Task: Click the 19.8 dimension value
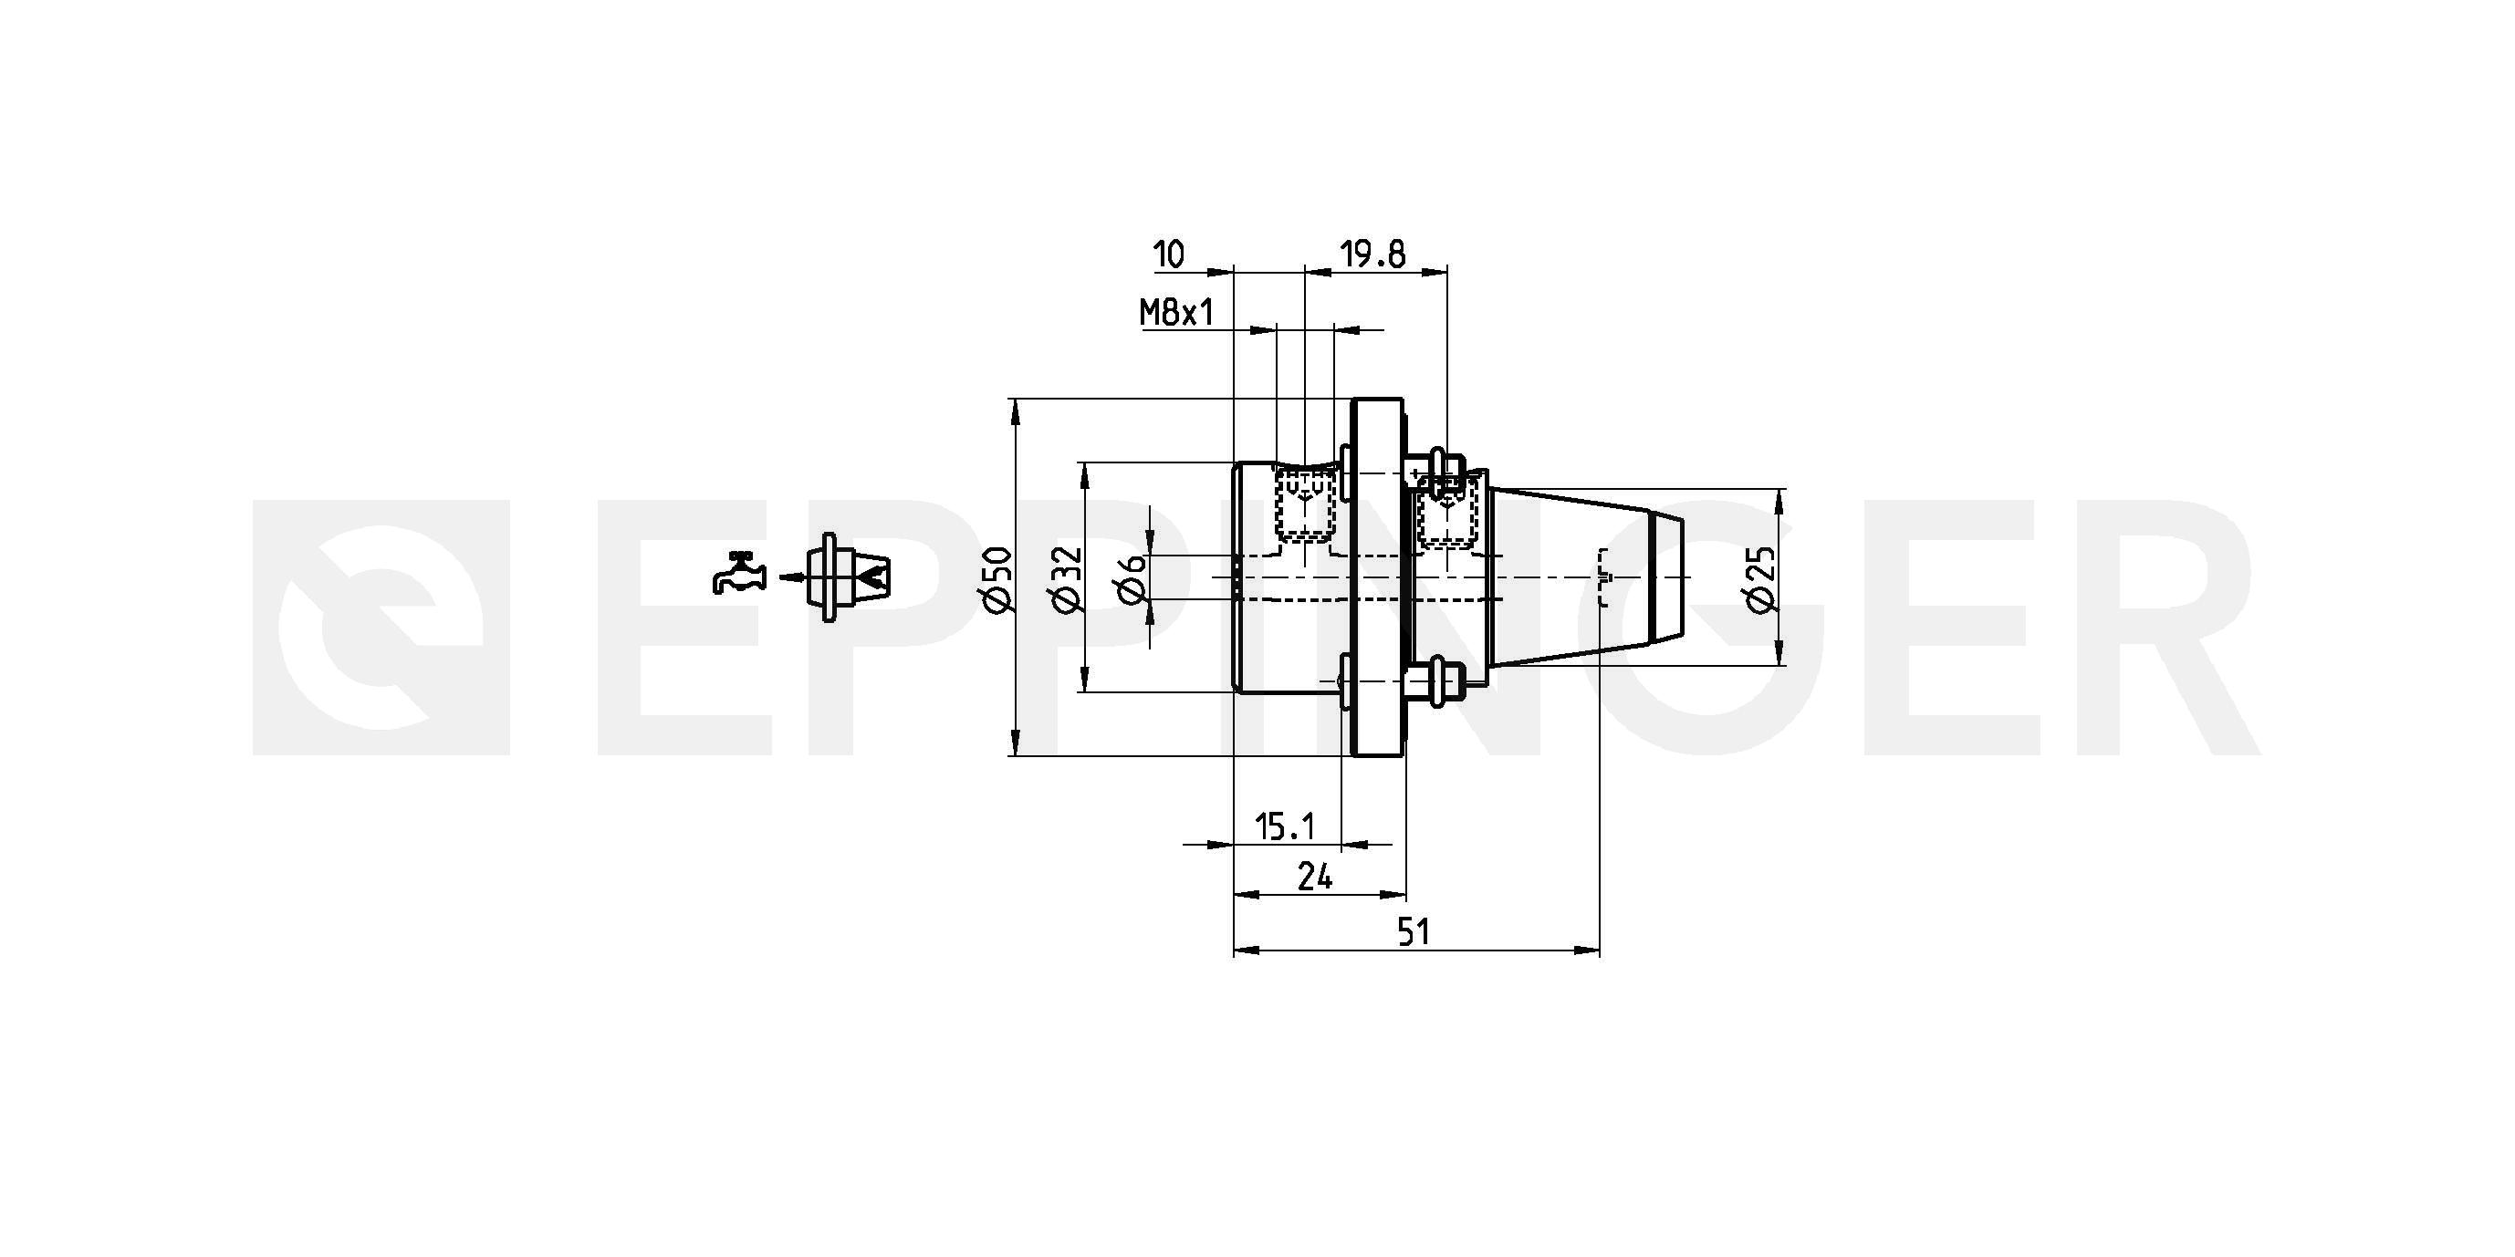pos(1372,255)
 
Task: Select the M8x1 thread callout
pos(1176,313)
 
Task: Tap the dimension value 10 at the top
pos(1169,255)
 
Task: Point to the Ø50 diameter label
pos(997,580)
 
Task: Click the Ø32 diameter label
pos(1067,580)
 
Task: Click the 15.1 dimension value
pos(1285,827)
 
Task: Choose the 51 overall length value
pos(1414,933)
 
